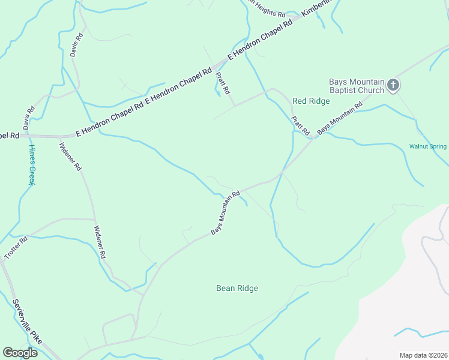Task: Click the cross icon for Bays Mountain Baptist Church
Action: pyautogui.click(x=393, y=85)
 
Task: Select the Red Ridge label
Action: pyautogui.click(x=311, y=101)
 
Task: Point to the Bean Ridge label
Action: pyautogui.click(x=237, y=289)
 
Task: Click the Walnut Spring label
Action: pyautogui.click(x=427, y=146)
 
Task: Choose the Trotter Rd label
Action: pyautogui.click(x=16, y=248)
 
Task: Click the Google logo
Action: pyautogui.click(x=20, y=353)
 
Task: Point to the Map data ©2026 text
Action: pyautogui.click(x=423, y=355)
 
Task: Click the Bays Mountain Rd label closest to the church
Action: pyautogui.click(x=340, y=118)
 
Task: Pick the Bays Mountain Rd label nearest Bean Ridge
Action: pyautogui.click(x=225, y=213)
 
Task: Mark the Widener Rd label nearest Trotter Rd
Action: pyautogui.click(x=100, y=242)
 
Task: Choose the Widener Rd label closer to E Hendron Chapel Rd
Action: pyautogui.click(x=70, y=156)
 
